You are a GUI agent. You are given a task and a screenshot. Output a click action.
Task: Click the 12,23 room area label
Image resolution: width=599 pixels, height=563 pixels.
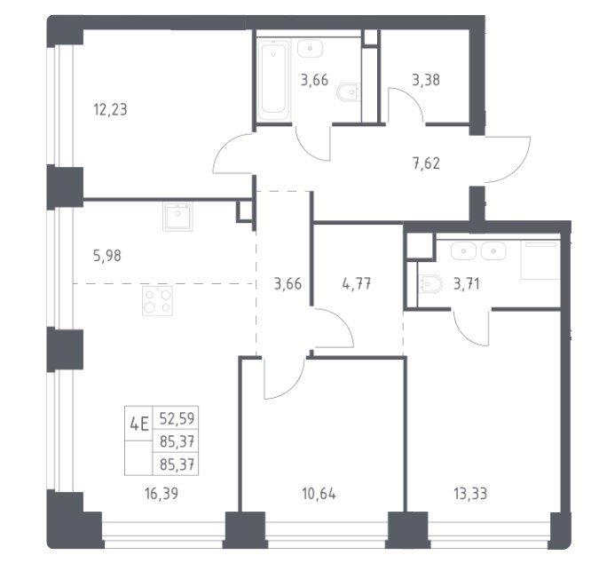point(110,110)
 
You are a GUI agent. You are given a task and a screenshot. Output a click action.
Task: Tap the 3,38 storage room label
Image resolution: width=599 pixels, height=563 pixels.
point(426,80)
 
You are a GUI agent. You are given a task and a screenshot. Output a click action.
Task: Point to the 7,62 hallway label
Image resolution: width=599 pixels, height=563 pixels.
point(426,163)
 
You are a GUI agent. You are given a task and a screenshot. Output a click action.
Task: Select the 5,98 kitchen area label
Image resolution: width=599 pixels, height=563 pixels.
point(107,256)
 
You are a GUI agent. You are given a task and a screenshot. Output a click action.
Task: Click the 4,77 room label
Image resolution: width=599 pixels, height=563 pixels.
point(357,284)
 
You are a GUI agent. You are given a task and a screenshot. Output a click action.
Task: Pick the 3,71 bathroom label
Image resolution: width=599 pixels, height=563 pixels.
point(467,284)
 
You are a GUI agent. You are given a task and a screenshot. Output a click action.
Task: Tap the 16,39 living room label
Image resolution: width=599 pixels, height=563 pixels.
point(162,494)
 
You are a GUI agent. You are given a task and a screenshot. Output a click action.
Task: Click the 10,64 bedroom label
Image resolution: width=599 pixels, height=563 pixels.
point(319,494)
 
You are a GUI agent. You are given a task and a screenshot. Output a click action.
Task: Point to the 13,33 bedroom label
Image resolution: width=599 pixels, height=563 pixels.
point(470,494)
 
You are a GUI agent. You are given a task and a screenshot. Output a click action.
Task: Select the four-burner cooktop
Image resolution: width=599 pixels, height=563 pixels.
point(157,301)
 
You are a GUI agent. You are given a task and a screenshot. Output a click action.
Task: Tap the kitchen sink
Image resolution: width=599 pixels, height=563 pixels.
point(177,217)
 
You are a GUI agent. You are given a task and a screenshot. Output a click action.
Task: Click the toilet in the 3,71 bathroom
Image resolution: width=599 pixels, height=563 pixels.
point(430,284)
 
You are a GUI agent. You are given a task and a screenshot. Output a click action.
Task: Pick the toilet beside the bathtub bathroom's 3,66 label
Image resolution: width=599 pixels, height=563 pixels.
point(349,92)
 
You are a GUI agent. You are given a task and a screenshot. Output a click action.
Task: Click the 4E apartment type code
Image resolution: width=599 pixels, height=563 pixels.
point(138,424)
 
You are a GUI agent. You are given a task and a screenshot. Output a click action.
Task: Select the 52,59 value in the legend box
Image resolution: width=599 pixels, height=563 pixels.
point(177,418)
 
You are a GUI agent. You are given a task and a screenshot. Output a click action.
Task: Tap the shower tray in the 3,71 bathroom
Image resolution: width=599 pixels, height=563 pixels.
point(541,260)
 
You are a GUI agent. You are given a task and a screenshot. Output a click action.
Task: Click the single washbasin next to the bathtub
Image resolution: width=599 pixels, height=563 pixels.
point(311,49)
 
